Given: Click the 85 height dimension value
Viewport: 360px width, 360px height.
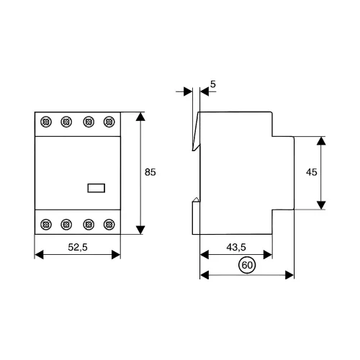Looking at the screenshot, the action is click(x=150, y=172).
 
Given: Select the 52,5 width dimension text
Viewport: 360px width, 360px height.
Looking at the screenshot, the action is click(x=78, y=247).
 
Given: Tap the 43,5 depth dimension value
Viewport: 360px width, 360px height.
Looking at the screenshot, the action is click(x=236, y=247).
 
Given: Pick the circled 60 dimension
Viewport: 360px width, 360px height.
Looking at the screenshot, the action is click(x=247, y=265).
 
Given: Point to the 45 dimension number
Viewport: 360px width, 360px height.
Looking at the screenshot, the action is click(x=312, y=172).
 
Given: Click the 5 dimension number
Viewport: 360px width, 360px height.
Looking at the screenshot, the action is click(x=213, y=84).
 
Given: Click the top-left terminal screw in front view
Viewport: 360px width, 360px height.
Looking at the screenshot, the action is click(x=46, y=122).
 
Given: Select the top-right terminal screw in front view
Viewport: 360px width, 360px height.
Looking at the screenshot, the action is click(x=109, y=122).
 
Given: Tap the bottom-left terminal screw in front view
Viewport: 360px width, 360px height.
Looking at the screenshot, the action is click(x=46, y=225).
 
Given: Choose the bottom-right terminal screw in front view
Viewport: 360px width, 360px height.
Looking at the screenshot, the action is click(x=109, y=225).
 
